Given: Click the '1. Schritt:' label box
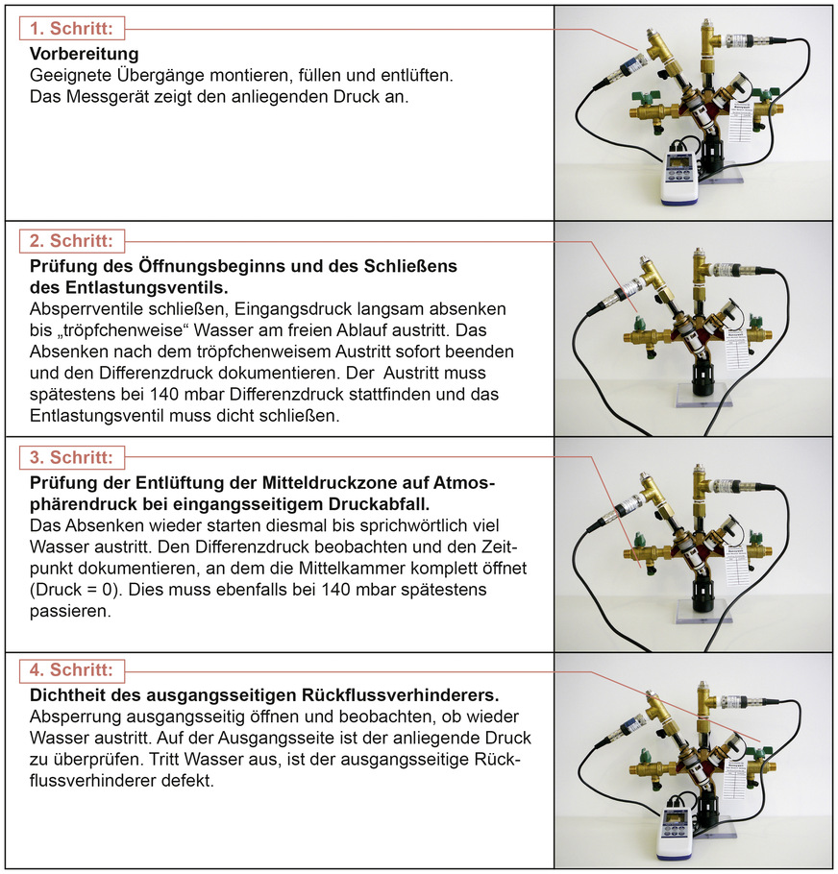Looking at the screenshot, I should (x=72, y=29).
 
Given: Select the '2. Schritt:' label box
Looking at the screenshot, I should (x=72, y=240).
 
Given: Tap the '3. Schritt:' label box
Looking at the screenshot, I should (x=72, y=457).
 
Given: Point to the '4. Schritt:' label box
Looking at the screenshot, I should (x=72, y=668).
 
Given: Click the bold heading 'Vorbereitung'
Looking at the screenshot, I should (x=85, y=54).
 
